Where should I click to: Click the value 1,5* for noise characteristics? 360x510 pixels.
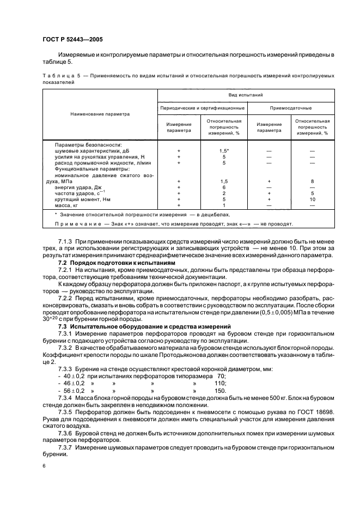tap(224, 150)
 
